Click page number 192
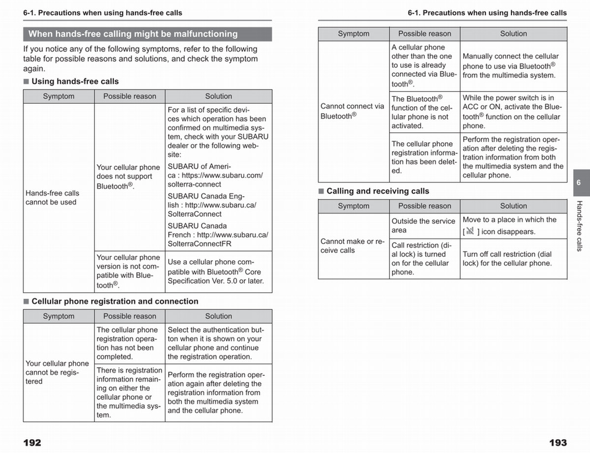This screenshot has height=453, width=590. [32, 443]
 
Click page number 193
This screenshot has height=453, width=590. [558, 443]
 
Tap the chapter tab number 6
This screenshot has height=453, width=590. [579, 182]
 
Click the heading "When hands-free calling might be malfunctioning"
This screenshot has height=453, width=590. [133, 34]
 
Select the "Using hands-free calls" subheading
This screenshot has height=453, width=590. [75, 81]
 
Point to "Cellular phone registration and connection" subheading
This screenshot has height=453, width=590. [115, 301]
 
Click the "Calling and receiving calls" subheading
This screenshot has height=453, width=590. [378, 191]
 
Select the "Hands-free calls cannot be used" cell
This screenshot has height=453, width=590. [52, 198]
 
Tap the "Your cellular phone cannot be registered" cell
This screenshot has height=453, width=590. [57, 372]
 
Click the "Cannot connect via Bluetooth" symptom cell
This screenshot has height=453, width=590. [352, 111]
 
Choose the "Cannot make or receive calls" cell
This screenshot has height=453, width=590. [352, 246]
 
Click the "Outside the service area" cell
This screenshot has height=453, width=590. [423, 226]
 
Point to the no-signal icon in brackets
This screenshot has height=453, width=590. [470, 231]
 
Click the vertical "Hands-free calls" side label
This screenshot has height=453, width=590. [579, 226]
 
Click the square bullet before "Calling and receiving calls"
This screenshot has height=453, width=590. [322, 191]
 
